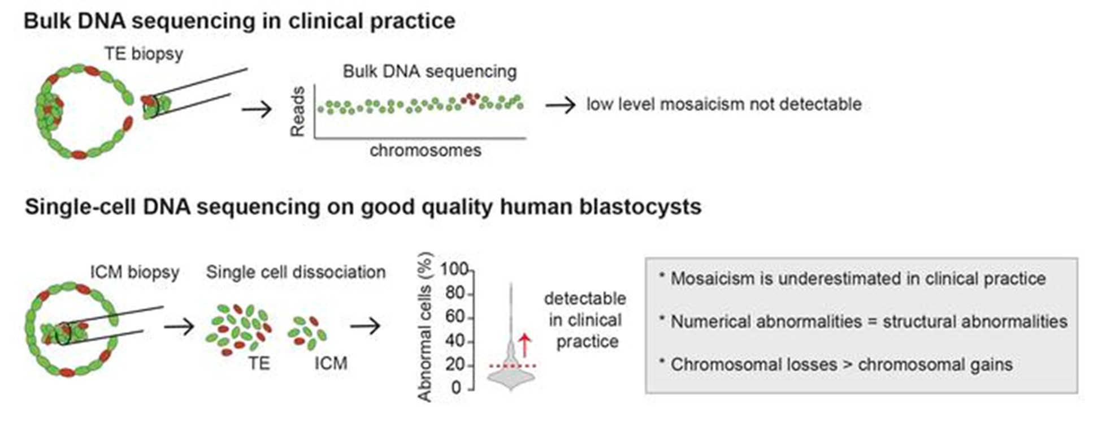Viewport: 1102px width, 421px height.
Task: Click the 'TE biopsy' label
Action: pyautogui.click(x=144, y=54)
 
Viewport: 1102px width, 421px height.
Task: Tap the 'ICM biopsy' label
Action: pyautogui.click(x=135, y=272)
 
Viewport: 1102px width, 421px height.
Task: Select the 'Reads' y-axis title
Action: pyautogui.click(x=298, y=111)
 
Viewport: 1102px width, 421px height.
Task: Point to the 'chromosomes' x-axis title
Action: pyautogui.click(x=426, y=151)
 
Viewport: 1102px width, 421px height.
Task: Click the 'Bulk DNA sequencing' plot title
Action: pyautogui.click(x=429, y=72)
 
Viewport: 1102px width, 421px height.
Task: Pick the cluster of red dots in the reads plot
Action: pyautogui.click(x=470, y=98)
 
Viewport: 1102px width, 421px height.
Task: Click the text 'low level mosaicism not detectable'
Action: pyautogui.click(x=724, y=104)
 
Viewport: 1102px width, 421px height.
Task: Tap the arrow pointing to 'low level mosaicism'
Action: pyautogui.click(x=561, y=105)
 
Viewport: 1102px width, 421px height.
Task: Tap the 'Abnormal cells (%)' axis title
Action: pyautogui.click(x=424, y=327)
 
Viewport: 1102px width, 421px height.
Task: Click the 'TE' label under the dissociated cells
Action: pyautogui.click(x=259, y=363)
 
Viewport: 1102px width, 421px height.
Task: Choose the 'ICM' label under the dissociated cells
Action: pyautogui.click(x=331, y=363)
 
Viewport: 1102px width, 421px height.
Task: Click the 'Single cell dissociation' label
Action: pyautogui.click(x=296, y=272)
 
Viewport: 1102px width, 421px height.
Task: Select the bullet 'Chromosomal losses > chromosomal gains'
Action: pyautogui.click(x=841, y=365)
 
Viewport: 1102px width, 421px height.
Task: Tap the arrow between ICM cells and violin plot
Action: pyautogui.click(x=366, y=326)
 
